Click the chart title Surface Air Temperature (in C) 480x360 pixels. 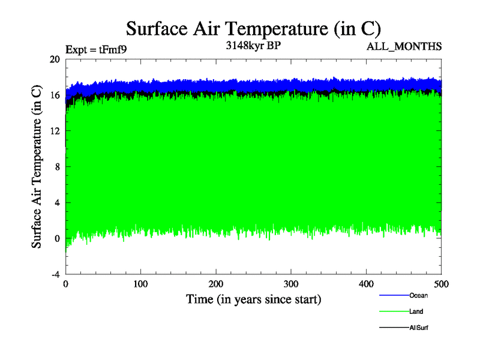click(253, 28)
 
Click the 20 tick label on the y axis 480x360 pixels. click(55, 59)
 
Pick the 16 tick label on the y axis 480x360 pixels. click(55, 95)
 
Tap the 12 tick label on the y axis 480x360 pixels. click(55, 131)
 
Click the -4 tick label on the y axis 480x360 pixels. click(55, 274)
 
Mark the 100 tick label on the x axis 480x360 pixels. click(140, 284)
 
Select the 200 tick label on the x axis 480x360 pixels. click(216, 284)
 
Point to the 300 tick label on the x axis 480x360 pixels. click(291, 284)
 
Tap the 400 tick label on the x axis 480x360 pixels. click(367, 284)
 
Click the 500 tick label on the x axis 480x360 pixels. click(441, 284)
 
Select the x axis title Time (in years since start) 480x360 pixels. click(253, 299)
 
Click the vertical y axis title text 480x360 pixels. click(37, 167)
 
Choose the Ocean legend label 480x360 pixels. click(418, 295)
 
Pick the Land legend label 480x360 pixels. click(417, 311)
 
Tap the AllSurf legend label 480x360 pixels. click(419, 328)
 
